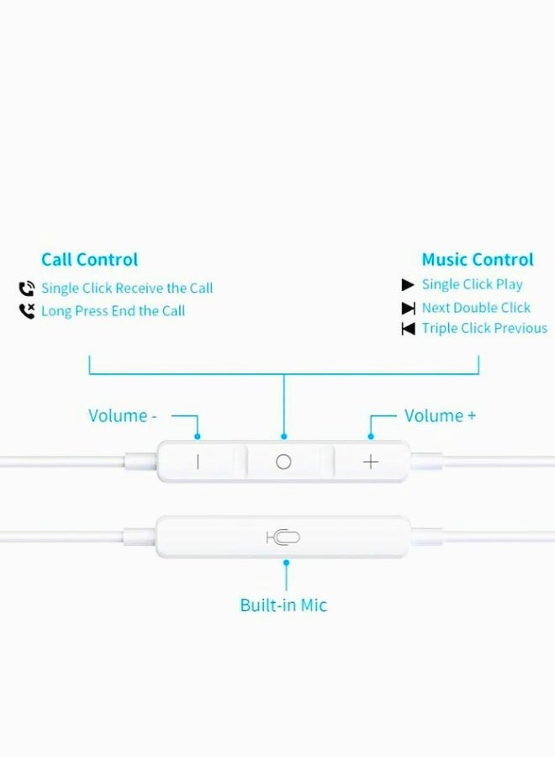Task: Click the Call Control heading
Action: click(x=89, y=260)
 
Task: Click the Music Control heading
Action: click(x=477, y=260)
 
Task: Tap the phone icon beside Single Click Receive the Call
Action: click(x=27, y=289)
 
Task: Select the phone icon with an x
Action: click(x=27, y=311)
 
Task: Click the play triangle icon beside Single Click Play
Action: click(x=408, y=285)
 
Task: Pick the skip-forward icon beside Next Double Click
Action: click(x=409, y=308)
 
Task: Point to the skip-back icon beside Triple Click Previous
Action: click(x=409, y=329)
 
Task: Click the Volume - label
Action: click(x=122, y=416)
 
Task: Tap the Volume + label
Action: click(x=440, y=416)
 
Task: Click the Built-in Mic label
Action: click(x=283, y=605)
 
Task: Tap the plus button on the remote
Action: click(x=371, y=462)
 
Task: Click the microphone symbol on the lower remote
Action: click(x=283, y=537)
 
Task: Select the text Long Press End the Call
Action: click(x=113, y=311)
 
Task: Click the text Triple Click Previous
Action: click(x=484, y=329)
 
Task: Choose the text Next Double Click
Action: click(x=476, y=308)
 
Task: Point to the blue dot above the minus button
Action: click(x=198, y=437)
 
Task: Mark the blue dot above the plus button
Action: click(x=371, y=437)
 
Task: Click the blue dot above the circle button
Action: click(x=284, y=437)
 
